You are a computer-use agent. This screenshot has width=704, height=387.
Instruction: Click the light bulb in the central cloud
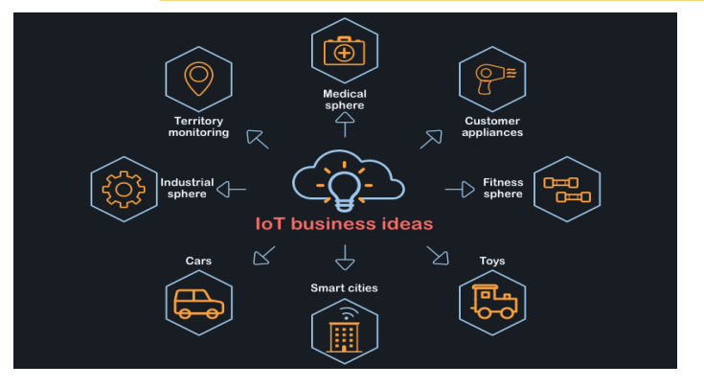tap(345, 190)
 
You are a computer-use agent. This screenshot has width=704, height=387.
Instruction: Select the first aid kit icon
tap(345, 51)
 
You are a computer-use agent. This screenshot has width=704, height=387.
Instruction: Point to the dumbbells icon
tap(567, 190)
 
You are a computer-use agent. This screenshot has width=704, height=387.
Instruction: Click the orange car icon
tap(198, 304)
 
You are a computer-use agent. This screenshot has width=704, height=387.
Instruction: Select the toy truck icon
tap(494, 301)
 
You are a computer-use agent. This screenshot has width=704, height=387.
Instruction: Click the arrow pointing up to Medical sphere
tap(345, 125)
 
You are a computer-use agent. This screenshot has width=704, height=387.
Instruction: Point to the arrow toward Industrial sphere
tap(231, 190)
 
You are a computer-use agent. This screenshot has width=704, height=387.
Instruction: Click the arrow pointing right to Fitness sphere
tap(460, 190)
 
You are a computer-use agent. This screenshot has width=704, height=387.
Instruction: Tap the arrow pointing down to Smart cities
tap(345, 258)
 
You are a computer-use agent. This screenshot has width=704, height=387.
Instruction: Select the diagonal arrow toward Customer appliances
tap(431, 139)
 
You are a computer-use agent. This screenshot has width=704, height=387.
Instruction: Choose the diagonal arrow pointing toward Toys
tap(438, 256)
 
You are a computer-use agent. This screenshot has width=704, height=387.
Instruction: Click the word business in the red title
tap(333, 223)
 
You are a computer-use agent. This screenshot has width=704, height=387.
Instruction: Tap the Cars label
tap(198, 261)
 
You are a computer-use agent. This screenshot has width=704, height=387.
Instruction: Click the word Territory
tap(198, 121)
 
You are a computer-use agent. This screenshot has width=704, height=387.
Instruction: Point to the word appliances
tap(492, 133)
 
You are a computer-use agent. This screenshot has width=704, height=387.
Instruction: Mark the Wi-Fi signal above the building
tap(346, 313)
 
